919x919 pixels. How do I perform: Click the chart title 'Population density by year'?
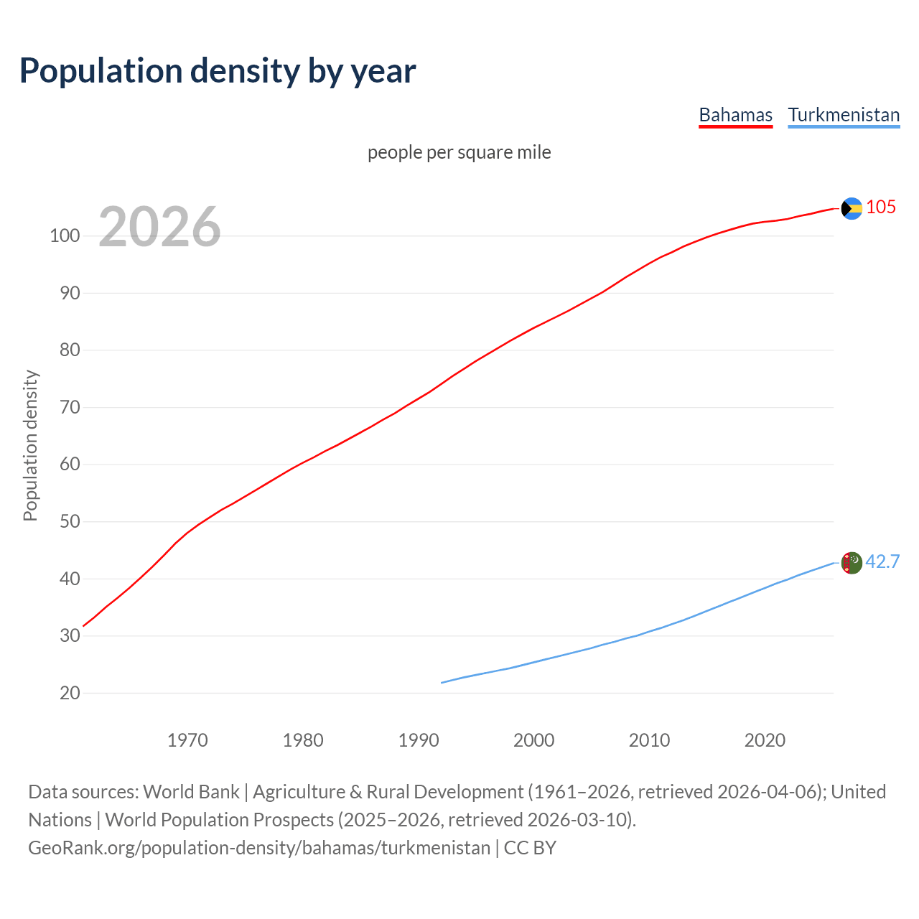point(218,70)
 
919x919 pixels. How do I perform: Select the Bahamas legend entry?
point(735,115)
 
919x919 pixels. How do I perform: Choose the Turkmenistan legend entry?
point(844,115)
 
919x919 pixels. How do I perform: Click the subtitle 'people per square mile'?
point(459,152)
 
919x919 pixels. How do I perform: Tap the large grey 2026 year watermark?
point(159,227)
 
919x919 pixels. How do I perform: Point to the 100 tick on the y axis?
point(64,235)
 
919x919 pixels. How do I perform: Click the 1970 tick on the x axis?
point(187,740)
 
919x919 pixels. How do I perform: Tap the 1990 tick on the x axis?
point(419,740)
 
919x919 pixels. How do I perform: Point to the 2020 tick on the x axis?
point(765,740)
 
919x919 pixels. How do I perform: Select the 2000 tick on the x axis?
point(534,740)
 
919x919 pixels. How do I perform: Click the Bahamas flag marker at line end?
point(852,208)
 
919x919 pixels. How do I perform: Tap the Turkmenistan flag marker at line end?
point(852,563)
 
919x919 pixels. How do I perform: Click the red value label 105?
point(881,207)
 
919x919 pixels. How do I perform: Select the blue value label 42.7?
point(882,561)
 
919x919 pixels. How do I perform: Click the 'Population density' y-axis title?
point(30,445)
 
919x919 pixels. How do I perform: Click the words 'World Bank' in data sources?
point(191,792)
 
